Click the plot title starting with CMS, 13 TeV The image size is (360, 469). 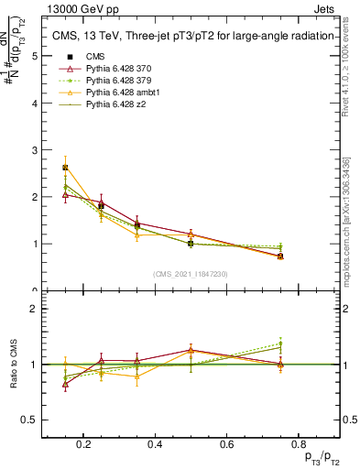(190, 36)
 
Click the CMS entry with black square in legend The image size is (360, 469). (97, 57)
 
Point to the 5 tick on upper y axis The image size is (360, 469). (35, 56)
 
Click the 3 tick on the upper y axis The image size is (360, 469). (35, 150)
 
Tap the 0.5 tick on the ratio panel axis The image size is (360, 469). (33, 420)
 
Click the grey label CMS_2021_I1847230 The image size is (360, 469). (191, 273)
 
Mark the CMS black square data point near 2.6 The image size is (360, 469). (65, 168)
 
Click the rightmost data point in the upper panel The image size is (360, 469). (280, 256)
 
